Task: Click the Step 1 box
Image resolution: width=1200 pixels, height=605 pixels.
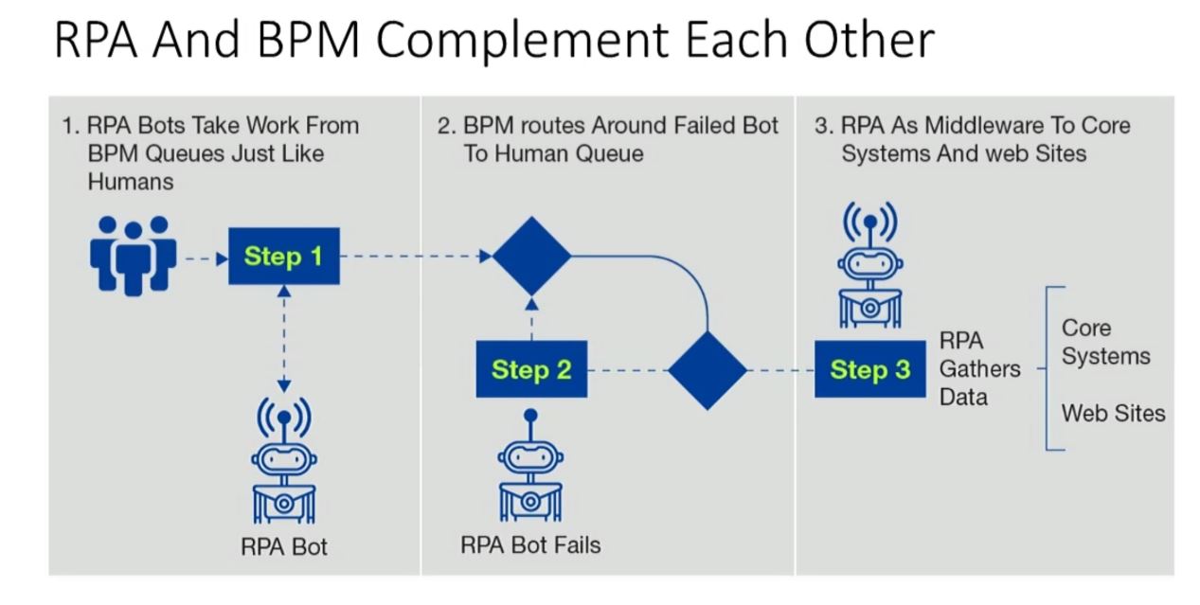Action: (x=283, y=256)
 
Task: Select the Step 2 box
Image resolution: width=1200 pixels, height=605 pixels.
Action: (x=530, y=369)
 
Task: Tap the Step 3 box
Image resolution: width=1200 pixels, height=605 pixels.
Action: (x=869, y=369)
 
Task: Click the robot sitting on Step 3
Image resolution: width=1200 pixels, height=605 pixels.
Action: (x=869, y=271)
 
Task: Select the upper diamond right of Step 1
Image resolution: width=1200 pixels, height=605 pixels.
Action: (x=531, y=256)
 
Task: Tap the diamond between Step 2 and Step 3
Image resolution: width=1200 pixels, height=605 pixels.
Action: (x=707, y=369)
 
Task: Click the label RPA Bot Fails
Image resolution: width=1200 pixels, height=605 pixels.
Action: (x=530, y=544)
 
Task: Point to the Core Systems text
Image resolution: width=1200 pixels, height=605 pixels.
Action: (x=1105, y=342)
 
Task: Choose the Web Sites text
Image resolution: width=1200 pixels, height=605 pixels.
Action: (x=1113, y=413)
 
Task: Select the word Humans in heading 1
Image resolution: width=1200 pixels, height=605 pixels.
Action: (x=131, y=181)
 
